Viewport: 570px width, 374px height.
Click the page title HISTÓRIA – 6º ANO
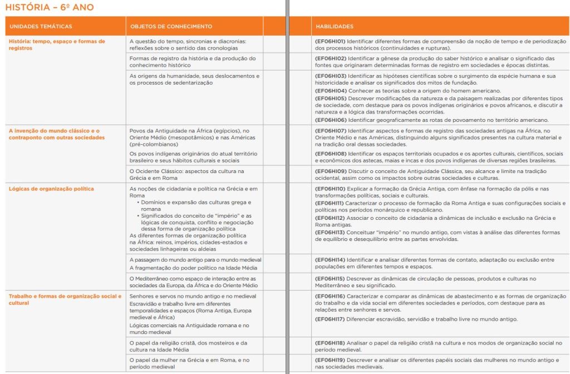[50, 7]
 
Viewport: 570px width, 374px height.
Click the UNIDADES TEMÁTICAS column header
[41, 27]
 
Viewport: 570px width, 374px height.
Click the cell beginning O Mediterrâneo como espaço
[191, 282]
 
